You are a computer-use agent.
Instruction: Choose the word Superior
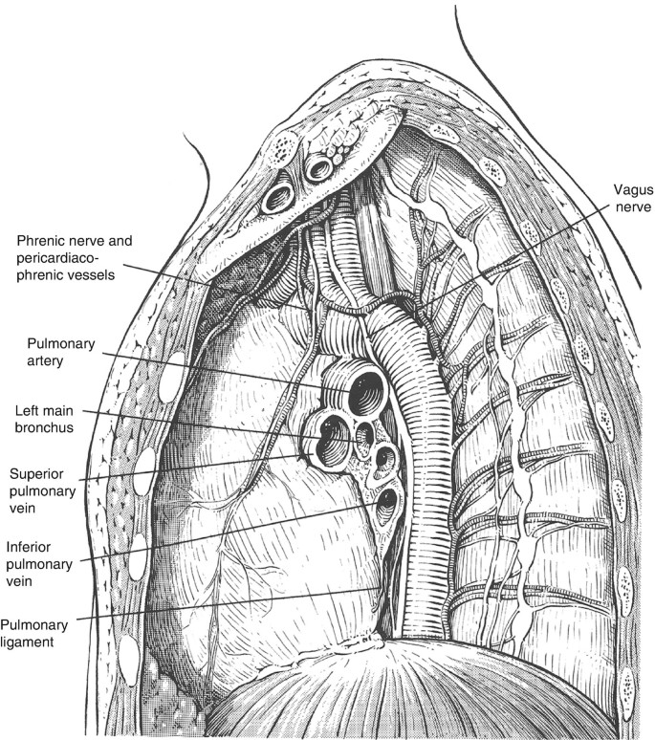pyautogui.click(x=36, y=474)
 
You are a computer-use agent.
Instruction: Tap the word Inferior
pyautogui.click(x=32, y=548)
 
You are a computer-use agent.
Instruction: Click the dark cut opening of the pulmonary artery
pyautogui.click(x=365, y=392)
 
